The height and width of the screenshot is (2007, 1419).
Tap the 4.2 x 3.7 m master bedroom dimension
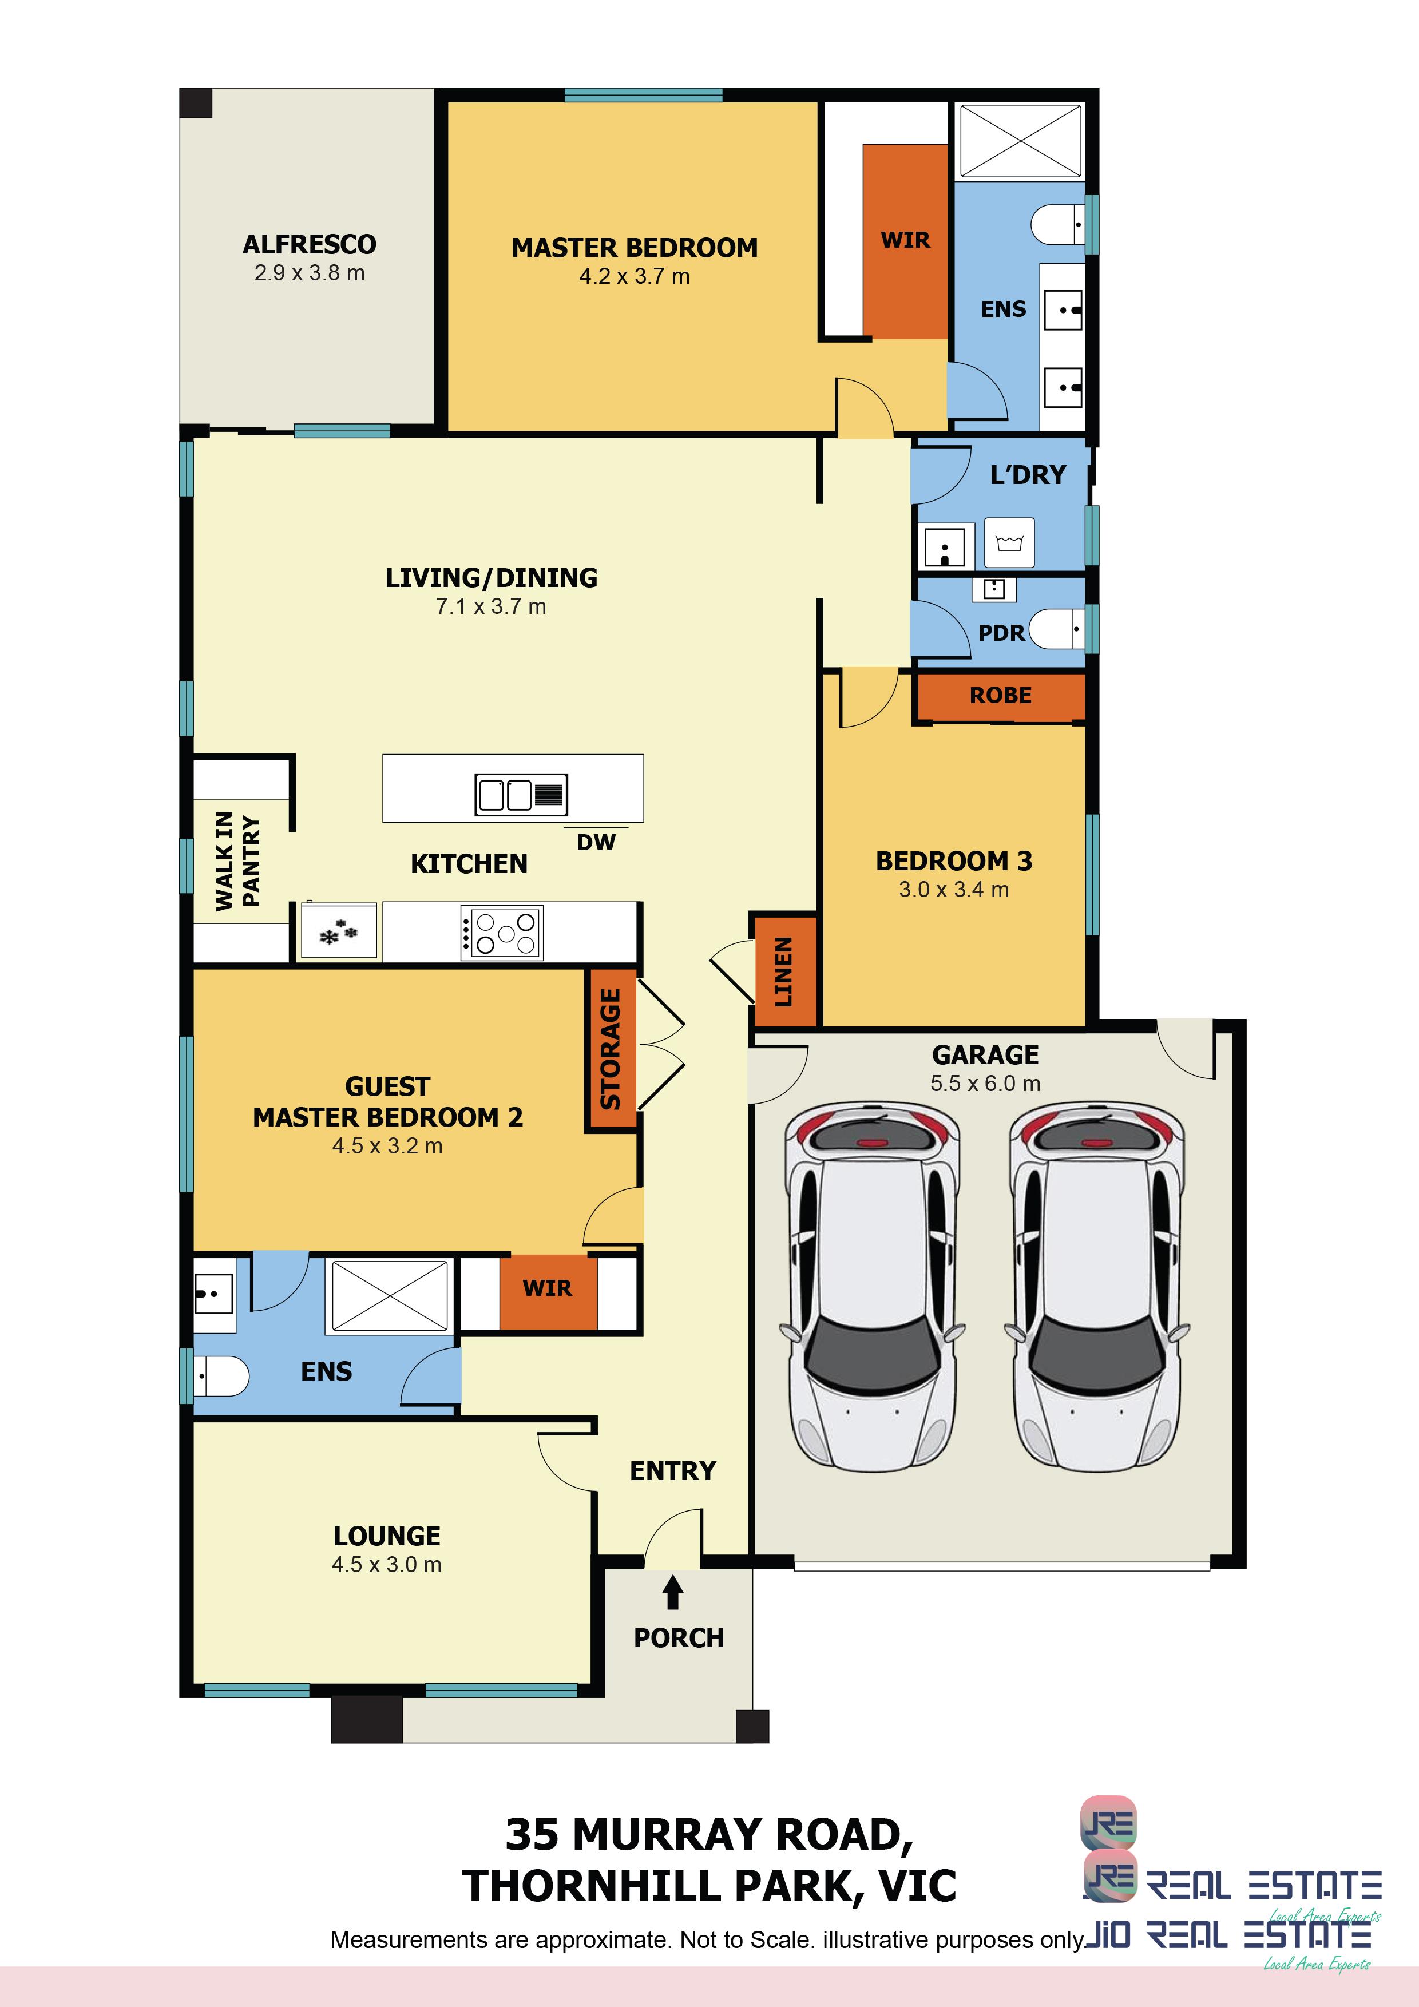coord(635,276)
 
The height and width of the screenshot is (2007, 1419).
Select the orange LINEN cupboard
coord(784,971)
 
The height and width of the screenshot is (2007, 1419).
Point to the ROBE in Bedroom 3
coord(1000,695)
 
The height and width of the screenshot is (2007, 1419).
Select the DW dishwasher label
coord(596,842)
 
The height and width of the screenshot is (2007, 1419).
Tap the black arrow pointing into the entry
coord(672,1591)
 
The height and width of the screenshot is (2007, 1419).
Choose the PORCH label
coord(679,1637)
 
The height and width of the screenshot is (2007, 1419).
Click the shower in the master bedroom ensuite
coord(1020,139)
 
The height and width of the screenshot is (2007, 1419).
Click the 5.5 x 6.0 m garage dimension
coord(985,1084)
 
